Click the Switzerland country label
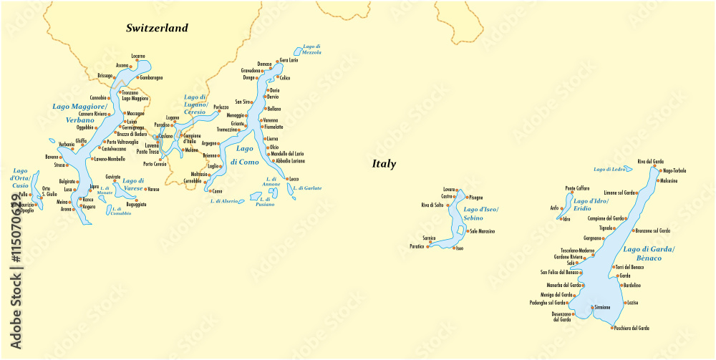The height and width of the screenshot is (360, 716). (x=157, y=29)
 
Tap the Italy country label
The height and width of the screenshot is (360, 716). (x=384, y=164)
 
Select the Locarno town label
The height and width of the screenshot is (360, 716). (x=138, y=56)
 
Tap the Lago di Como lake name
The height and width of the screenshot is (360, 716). (x=246, y=155)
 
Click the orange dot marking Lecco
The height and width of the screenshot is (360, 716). (x=286, y=179)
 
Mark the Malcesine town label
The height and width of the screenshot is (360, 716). (x=669, y=180)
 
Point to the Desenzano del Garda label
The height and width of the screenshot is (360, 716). (x=561, y=317)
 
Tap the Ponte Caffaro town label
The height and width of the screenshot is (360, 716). (x=577, y=188)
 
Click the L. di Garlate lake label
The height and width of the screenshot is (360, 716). (x=307, y=188)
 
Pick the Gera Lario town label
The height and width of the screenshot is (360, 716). (x=289, y=60)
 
